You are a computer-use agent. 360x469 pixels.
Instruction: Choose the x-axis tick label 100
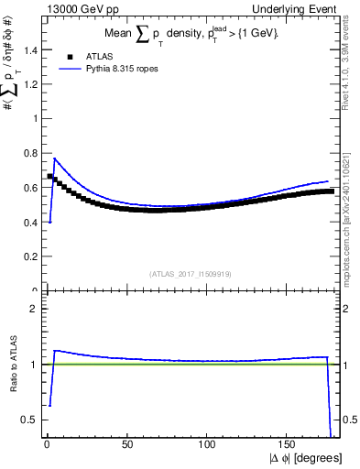pos(208,445)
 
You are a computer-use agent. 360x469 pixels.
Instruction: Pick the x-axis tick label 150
pos(289,445)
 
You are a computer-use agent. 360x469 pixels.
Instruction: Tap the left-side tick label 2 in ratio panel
pos(32,309)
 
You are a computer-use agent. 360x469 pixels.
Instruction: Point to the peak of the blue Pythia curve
pos(54,158)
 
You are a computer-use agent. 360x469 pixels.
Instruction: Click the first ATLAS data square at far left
pos(49,176)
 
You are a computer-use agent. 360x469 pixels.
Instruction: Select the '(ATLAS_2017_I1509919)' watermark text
pos(190,273)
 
